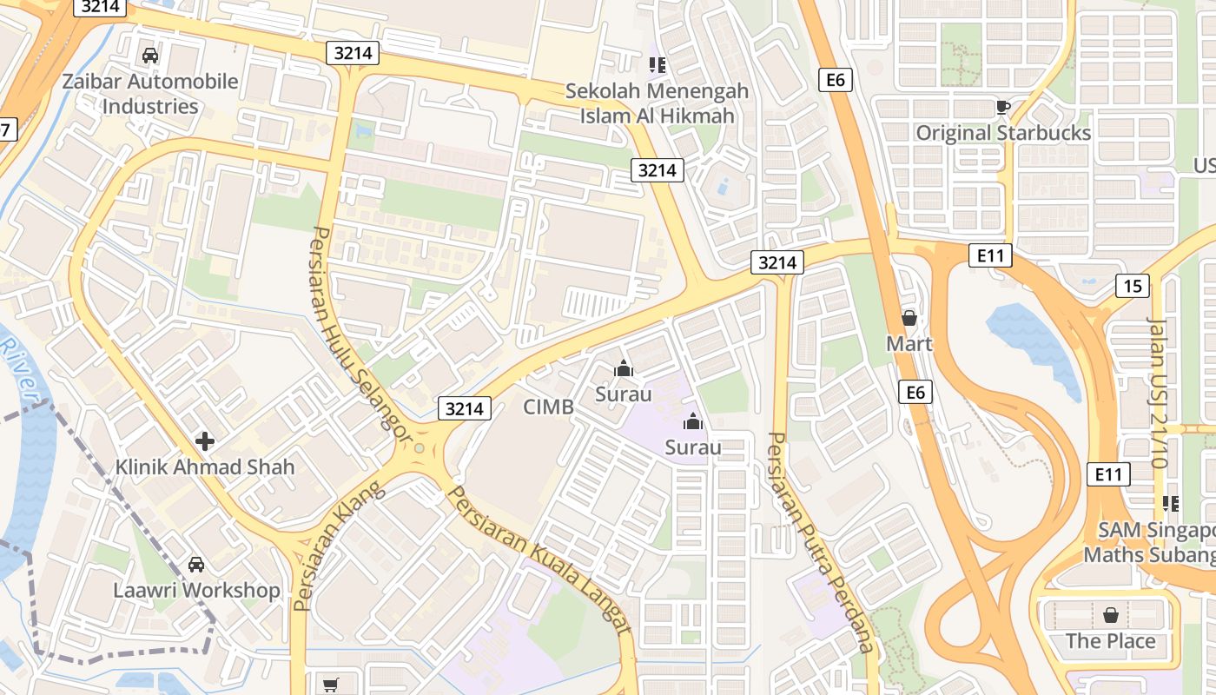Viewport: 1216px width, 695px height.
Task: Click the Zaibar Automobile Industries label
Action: [x=149, y=94]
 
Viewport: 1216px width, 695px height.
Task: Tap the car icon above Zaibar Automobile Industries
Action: [x=149, y=56]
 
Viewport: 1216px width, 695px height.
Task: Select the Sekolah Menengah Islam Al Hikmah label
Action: [x=657, y=103]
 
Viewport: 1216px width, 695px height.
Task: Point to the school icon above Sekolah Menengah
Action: [x=657, y=64]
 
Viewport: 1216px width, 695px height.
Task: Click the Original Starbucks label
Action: [x=1003, y=133]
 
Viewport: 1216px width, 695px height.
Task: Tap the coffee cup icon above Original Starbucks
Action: [x=1003, y=107]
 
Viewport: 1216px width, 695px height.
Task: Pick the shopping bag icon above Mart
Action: [x=909, y=318]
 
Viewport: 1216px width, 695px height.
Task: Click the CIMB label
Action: [x=548, y=407]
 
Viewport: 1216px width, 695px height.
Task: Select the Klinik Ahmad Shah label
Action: [x=205, y=467]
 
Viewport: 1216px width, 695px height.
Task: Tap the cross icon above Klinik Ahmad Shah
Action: [x=205, y=441]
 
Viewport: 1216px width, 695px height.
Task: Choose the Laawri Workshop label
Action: [x=197, y=591]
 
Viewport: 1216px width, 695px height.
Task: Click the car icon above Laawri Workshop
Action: [x=197, y=565]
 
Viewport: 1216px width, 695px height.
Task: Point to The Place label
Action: [x=1110, y=641]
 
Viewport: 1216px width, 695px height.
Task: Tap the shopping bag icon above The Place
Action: [x=1110, y=616]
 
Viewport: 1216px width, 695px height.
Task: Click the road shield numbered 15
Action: [x=1133, y=286]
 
